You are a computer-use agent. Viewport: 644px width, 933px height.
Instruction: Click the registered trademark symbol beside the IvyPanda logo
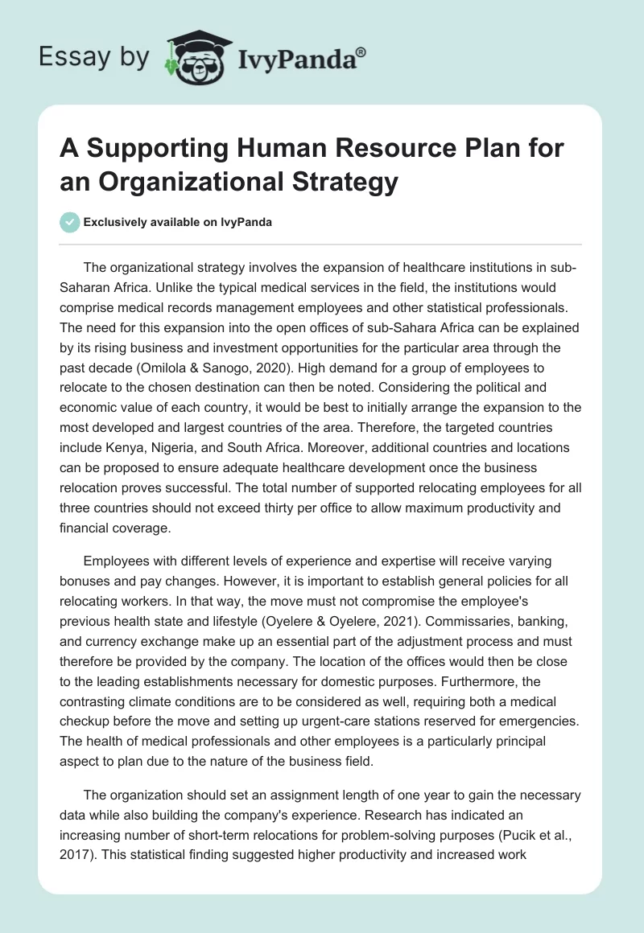click(x=361, y=51)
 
